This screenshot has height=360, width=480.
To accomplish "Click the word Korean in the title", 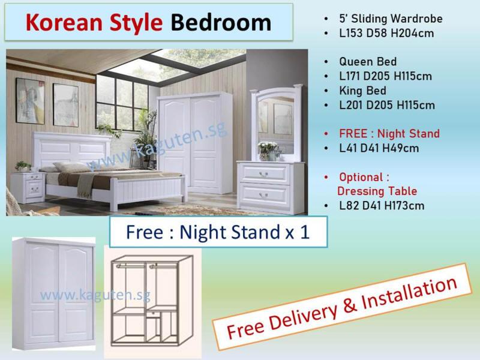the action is point(64,23).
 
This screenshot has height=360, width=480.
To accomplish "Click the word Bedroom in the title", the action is point(221,23).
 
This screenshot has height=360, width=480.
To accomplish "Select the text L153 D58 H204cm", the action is point(386,33).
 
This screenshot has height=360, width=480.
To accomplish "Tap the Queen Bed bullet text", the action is point(368,62).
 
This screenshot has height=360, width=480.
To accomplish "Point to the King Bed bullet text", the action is point(362,91).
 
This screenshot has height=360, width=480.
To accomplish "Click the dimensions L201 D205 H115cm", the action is point(387,105).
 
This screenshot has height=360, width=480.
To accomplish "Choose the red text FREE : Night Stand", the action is point(389,133).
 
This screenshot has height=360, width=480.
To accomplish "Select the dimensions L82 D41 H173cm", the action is point(382,205).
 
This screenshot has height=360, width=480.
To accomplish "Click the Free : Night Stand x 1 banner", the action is point(218,232).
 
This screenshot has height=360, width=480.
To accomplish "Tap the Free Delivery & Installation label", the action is point(341,307).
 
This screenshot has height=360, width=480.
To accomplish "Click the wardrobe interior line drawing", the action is point(152,301).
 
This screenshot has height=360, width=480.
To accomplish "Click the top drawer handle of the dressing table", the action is point(263,174).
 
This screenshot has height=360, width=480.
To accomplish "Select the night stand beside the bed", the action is point(28,187).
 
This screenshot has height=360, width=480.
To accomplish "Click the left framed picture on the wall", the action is point(31,101).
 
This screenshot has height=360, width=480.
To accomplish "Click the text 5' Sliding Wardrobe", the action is point(391,19).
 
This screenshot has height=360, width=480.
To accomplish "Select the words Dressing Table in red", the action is point(377,191).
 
